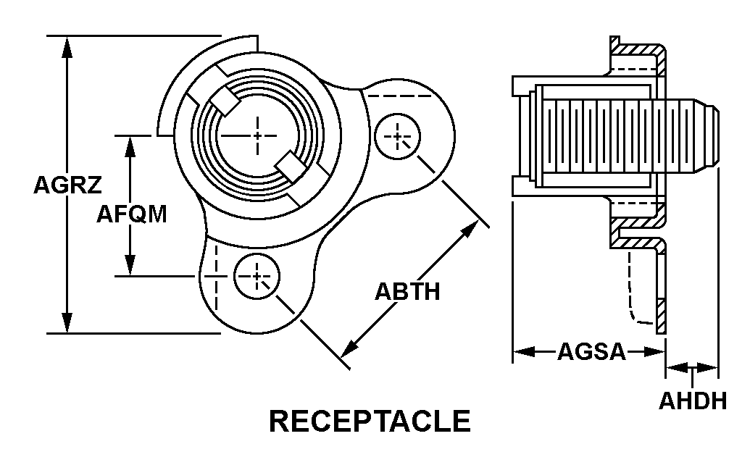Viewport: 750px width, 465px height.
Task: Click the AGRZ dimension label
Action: [67, 185]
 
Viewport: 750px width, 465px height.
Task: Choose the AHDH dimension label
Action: [692, 401]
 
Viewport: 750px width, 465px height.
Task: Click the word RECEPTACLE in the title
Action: [370, 422]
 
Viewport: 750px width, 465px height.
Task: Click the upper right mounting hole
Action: [397, 136]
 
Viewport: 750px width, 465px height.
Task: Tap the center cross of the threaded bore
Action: [259, 135]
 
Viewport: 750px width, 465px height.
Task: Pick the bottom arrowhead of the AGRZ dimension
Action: [67, 323]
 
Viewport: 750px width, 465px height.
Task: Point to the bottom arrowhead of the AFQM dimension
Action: [130, 266]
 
